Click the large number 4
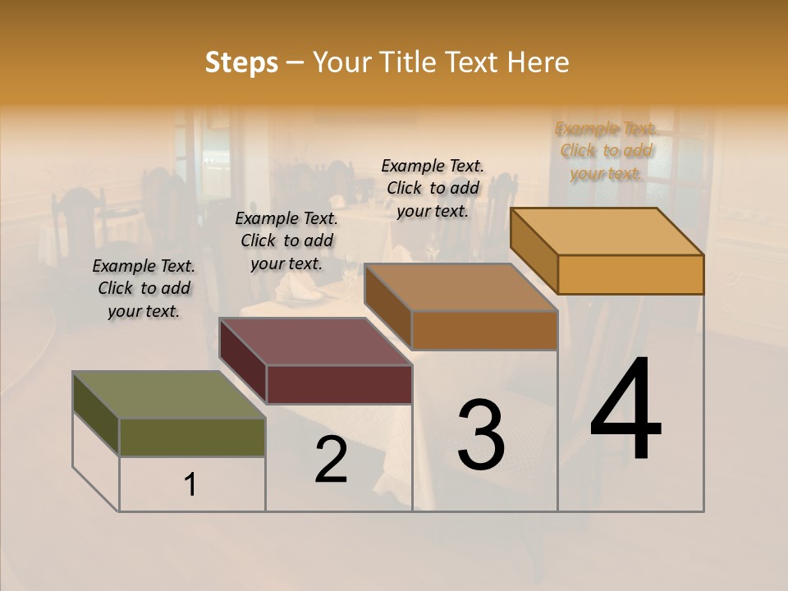point(626,410)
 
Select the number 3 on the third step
point(481,435)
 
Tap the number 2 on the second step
point(331,460)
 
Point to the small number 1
point(190,485)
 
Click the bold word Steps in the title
point(241,62)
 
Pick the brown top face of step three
point(460,287)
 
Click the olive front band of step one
point(192,437)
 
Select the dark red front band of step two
point(338,384)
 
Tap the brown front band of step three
point(484,330)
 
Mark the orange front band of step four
point(630,274)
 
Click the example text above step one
point(144,288)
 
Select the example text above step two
point(286,241)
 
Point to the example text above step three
point(433,188)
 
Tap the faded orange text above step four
point(606,150)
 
